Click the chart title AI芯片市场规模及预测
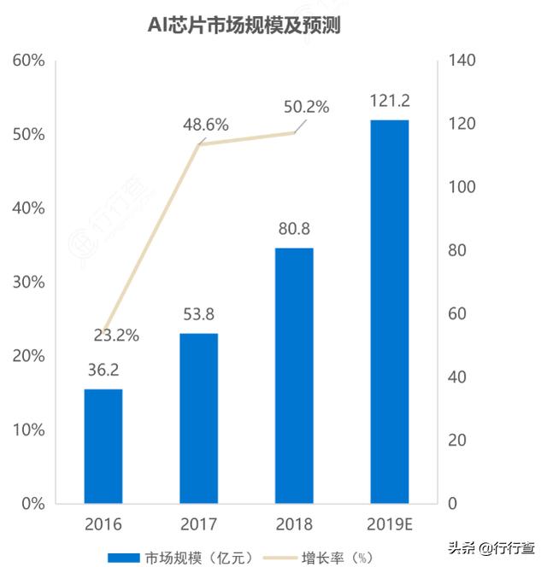[244, 26]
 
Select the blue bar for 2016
[103, 446]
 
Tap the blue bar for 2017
[198, 418]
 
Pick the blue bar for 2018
[294, 375]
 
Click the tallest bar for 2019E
[390, 311]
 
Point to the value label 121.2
[390, 102]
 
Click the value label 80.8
[294, 230]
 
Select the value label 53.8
[198, 315]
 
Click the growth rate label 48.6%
[206, 125]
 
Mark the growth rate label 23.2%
[116, 336]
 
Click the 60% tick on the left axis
[27, 61]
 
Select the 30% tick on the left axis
[27, 282]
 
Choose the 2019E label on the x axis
[390, 523]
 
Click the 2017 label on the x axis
[198, 523]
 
